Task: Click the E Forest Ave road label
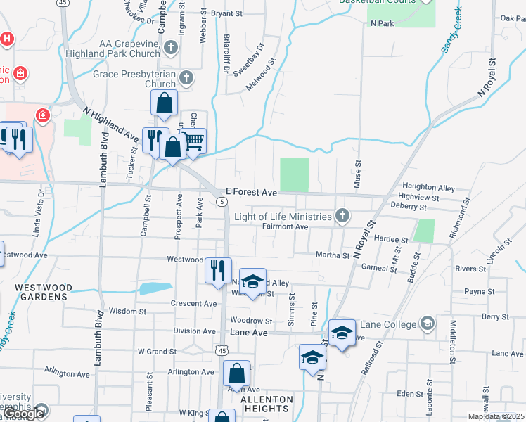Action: [x=251, y=191]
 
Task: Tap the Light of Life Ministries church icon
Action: [x=342, y=216]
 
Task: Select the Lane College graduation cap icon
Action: [x=426, y=324]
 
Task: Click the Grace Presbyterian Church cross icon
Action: [x=186, y=77]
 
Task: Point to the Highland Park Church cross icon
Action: [x=170, y=49]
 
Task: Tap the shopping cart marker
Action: [x=193, y=141]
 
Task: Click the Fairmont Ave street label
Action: [x=285, y=226]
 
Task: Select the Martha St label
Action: [x=333, y=255]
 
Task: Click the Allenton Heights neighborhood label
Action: [x=267, y=404]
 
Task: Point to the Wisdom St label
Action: [x=127, y=311]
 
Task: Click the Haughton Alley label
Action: [x=431, y=188]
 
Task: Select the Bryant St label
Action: [x=226, y=13]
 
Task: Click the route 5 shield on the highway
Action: [x=222, y=202]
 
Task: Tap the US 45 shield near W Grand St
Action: [x=222, y=350]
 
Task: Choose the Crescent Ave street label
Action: [x=194, y=304]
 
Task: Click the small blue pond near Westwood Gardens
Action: [x=155, y=288]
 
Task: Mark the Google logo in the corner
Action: [x=24, y=414]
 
